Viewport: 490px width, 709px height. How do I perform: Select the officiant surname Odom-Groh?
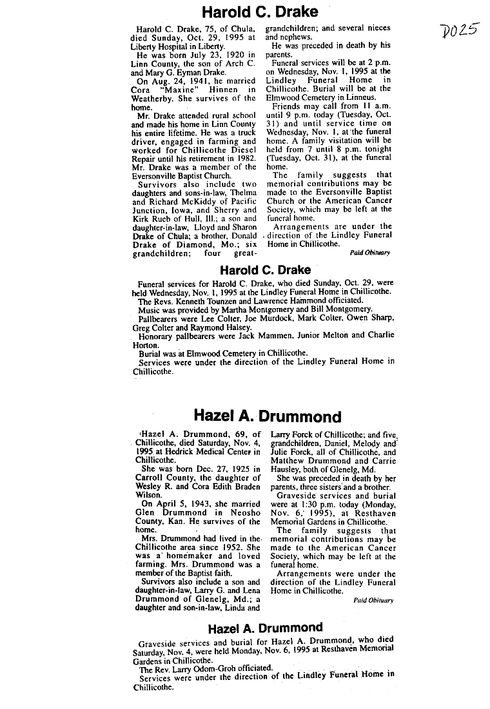[x=206, y=669]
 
